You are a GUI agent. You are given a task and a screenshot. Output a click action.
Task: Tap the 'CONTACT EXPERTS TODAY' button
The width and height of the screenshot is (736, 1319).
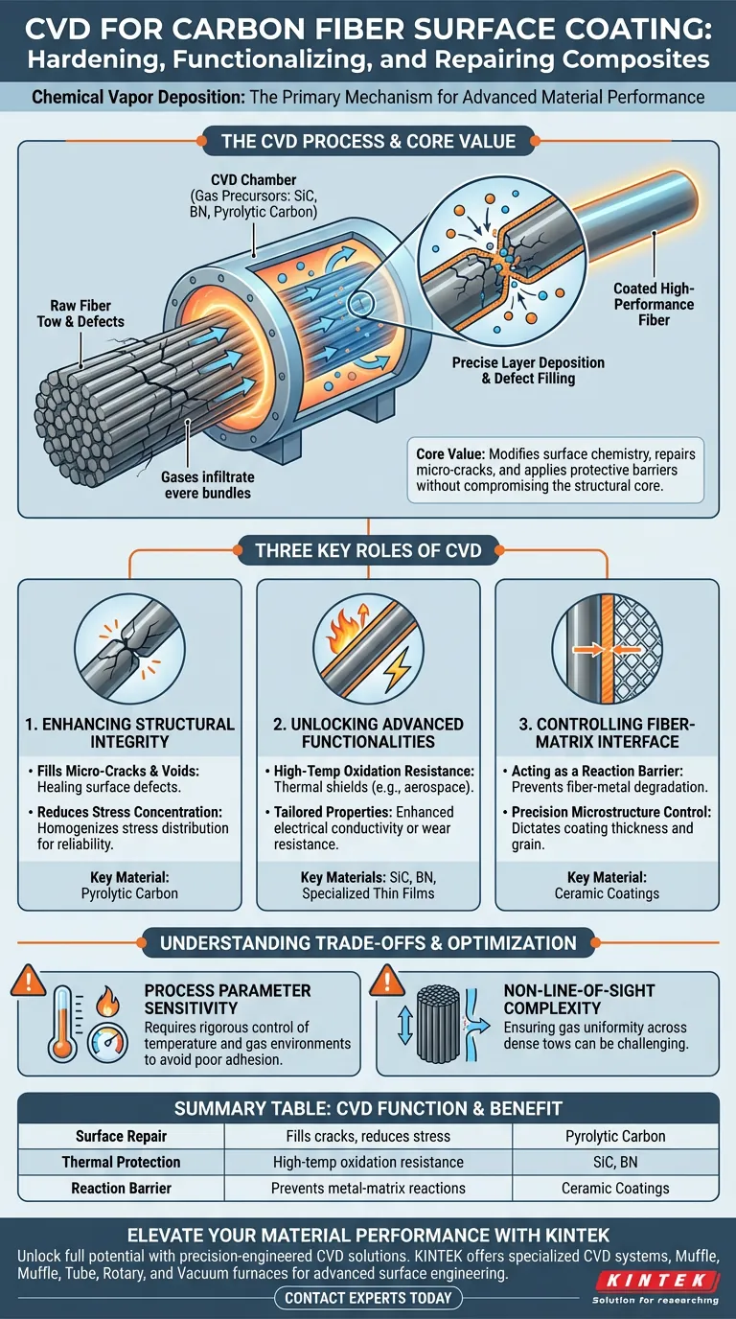pos(368,1298)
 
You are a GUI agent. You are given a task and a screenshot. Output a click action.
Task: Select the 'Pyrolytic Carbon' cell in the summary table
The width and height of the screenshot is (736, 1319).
pos(615,1136)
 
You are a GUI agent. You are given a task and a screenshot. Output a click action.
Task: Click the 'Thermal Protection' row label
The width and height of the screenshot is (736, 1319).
pos(122,1162)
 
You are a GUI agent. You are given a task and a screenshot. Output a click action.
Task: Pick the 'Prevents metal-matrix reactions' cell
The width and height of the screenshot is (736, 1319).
pos(368,1188)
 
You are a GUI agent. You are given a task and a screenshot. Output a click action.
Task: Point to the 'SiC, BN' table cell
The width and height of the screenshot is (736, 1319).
pos(615,1162)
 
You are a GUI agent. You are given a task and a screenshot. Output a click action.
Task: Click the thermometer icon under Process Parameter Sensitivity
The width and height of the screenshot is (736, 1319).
pos(62,1025)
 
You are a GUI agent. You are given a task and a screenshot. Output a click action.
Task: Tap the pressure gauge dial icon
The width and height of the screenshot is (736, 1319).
pos(107,1042)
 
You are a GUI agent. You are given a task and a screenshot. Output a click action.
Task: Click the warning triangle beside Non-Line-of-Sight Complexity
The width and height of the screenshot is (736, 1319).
pos(386,981)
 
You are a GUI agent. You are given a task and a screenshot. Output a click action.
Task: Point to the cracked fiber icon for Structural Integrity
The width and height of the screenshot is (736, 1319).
pos(129,648)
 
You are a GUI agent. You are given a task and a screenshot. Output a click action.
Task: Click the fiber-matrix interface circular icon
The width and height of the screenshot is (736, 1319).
pos(607,648)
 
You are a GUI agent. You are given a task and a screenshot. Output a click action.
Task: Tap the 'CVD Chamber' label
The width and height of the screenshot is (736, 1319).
pos(254,179)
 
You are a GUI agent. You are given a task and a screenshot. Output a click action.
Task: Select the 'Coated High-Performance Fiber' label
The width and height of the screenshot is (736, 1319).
pos(654,304)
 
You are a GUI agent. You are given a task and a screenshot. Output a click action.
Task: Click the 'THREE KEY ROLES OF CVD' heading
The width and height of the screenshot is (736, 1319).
pos(368,550)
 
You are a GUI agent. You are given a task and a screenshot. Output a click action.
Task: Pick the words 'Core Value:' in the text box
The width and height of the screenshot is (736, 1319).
pos(450,454)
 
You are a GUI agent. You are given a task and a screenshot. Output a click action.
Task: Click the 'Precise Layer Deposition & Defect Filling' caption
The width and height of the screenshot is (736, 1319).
pos(528,370)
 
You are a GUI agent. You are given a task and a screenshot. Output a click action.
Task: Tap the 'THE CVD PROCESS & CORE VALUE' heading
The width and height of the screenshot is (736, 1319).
pos(368,141)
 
